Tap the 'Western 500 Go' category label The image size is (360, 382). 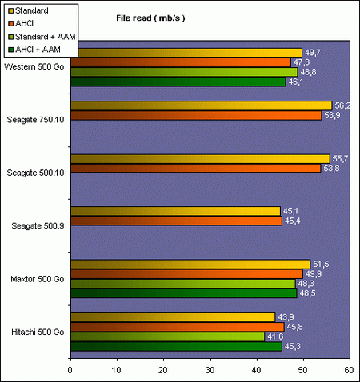[36, 66]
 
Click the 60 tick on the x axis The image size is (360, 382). [349, 370]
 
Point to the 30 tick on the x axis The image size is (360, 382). [210, 370]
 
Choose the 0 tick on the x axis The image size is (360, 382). [70, 370]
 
